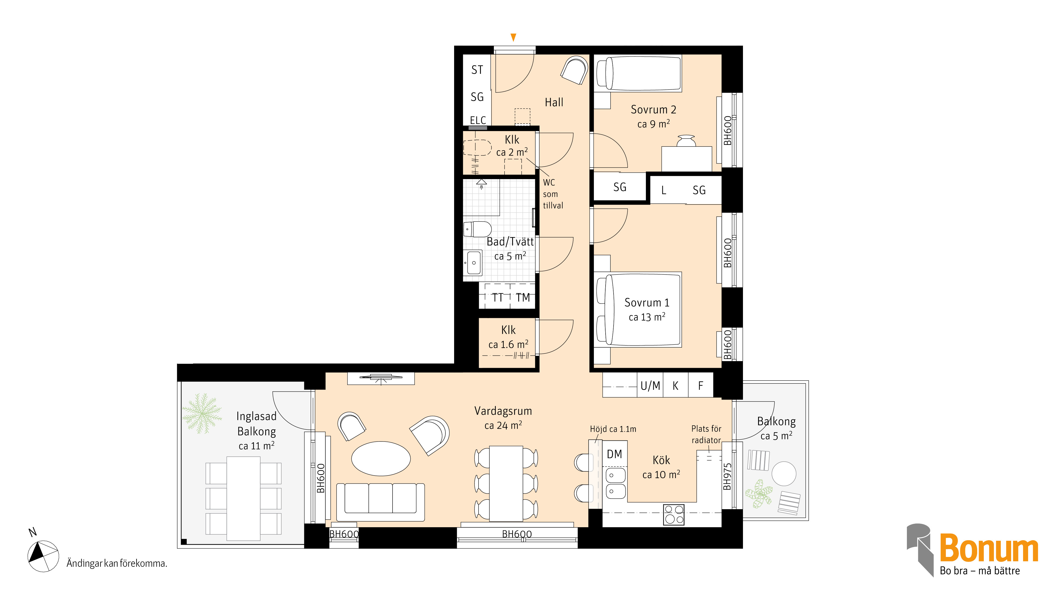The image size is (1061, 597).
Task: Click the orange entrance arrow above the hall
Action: coord(513,37)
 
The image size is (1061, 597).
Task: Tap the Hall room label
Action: coord(554,102)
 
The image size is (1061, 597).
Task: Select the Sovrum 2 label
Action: coord(654,110)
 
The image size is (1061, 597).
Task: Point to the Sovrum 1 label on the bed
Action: coord(647,302)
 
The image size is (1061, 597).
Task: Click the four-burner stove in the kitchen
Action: coord(674,514)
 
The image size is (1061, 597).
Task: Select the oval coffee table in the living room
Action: coord(381,458)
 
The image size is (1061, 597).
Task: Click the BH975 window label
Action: coord(728,477)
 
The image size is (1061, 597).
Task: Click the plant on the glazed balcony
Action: coord(202,413)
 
